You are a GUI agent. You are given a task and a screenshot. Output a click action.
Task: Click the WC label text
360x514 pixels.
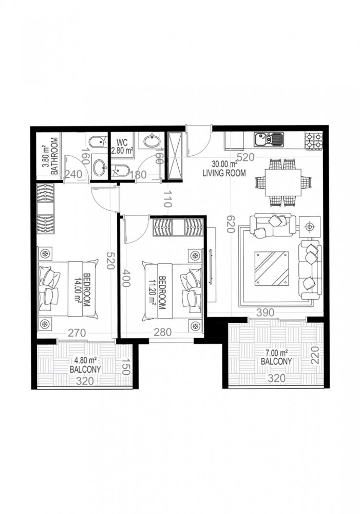[122, 142]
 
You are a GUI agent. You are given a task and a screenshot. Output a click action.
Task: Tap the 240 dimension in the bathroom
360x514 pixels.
[73, 175]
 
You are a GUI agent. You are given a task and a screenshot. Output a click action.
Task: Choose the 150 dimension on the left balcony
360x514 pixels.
[123, 369]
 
